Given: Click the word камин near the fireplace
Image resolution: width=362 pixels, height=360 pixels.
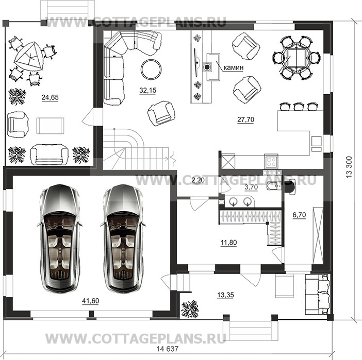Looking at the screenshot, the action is pos(234,67).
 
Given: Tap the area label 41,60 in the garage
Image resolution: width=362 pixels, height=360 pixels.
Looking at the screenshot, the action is pos(91,301).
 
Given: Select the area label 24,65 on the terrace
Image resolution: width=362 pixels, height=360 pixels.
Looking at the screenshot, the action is pos(50,97).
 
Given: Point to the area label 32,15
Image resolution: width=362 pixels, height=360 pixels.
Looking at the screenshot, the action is pos(148,91).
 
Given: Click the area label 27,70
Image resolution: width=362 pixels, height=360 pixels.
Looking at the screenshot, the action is pos(245,119).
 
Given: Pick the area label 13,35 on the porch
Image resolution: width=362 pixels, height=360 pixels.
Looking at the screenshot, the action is pos(225,295).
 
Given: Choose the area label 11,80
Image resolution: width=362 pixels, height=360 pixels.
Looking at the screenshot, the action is pos(228,243).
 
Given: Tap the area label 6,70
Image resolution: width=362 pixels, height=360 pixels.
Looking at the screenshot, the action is pos(299,215).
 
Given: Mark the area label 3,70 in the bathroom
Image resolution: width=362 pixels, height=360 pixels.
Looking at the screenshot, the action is pos(251,187).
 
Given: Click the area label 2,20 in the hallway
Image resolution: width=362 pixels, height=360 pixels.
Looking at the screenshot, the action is pos(198,180).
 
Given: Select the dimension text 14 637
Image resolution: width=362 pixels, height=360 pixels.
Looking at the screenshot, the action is pos(168,349).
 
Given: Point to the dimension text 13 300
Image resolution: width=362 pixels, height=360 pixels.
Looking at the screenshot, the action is pos(349,167).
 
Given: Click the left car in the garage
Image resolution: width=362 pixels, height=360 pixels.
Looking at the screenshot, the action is pos(60,238).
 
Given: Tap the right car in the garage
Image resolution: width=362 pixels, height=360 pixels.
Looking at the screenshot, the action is pos(123,238).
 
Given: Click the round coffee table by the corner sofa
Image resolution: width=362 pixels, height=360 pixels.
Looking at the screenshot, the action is pos(151,69).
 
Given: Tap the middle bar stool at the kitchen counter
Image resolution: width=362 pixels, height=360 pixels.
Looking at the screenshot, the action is pos(298,106).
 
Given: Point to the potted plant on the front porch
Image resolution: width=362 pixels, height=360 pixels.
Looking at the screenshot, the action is pos(190,309).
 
